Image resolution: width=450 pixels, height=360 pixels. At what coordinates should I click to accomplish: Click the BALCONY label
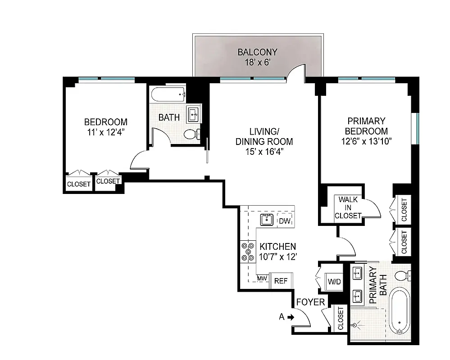pyautogui.click(x=257, y=52)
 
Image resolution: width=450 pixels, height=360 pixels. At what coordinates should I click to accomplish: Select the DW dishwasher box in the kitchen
pyautogui.click(x=284, y=220)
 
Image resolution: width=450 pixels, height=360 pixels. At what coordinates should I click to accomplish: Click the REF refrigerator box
pyautogui.click(x=281, y=280)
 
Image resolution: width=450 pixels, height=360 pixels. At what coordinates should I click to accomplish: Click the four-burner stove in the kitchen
pyautogui.click(x=247, y=252)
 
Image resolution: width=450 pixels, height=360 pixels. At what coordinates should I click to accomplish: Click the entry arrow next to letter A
pyautogui.click(x=291, y=317)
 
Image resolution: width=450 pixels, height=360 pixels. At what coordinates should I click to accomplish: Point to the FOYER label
pyautogui.click(x=310, y=302)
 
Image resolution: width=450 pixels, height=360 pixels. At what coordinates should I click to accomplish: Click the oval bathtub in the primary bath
pyautogui.click(x=400, y=311)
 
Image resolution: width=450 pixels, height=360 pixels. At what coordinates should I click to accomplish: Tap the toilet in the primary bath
pyautogui.click(x=401, y=274)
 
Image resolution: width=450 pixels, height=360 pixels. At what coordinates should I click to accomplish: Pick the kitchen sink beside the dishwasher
pyautogui.click(x=267, y=220)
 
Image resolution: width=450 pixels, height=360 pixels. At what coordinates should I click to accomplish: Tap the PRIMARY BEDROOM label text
pyautogui.click(x=366, y=126)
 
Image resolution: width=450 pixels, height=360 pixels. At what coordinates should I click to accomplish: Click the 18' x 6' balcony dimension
pyautogui.click(x=257, y=63)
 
